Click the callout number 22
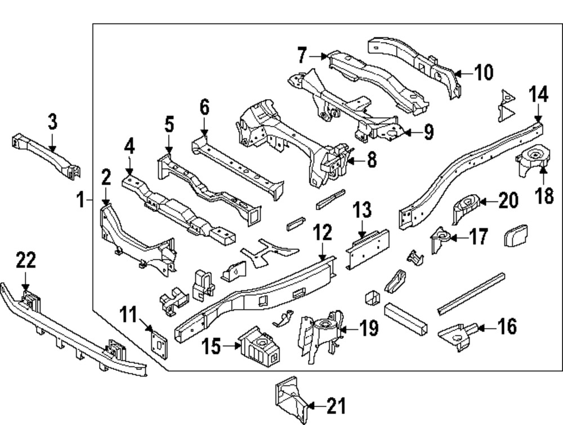[26, 261]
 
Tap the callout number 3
[52, 122]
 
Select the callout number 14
[539, 95]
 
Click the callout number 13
[362, 211]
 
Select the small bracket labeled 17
[440, 240]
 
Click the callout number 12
[323, 232]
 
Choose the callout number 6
[204, 107]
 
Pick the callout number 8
[370, 160]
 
